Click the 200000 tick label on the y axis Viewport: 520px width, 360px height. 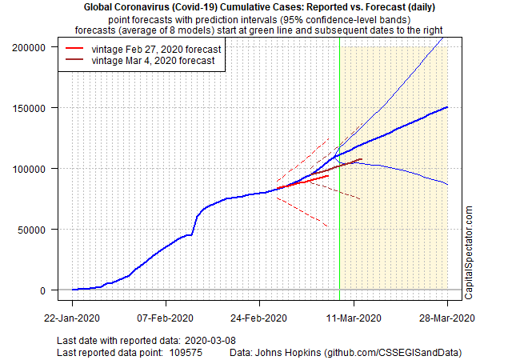click(30, 47)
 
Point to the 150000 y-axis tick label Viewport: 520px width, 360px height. click(30, 108)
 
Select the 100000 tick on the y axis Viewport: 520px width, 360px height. click(30, 169)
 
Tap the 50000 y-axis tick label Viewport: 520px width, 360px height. click(32, 230)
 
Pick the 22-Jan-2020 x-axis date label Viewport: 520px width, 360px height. click(72, 318)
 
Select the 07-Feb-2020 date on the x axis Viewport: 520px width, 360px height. click(166, 318)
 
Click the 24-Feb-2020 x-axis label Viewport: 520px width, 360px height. click(260, 318)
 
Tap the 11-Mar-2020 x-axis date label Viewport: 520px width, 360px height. click(354, 318)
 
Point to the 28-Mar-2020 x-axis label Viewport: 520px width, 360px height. click(447, 318)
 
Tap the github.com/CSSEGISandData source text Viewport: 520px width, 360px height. click(396, 352)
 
